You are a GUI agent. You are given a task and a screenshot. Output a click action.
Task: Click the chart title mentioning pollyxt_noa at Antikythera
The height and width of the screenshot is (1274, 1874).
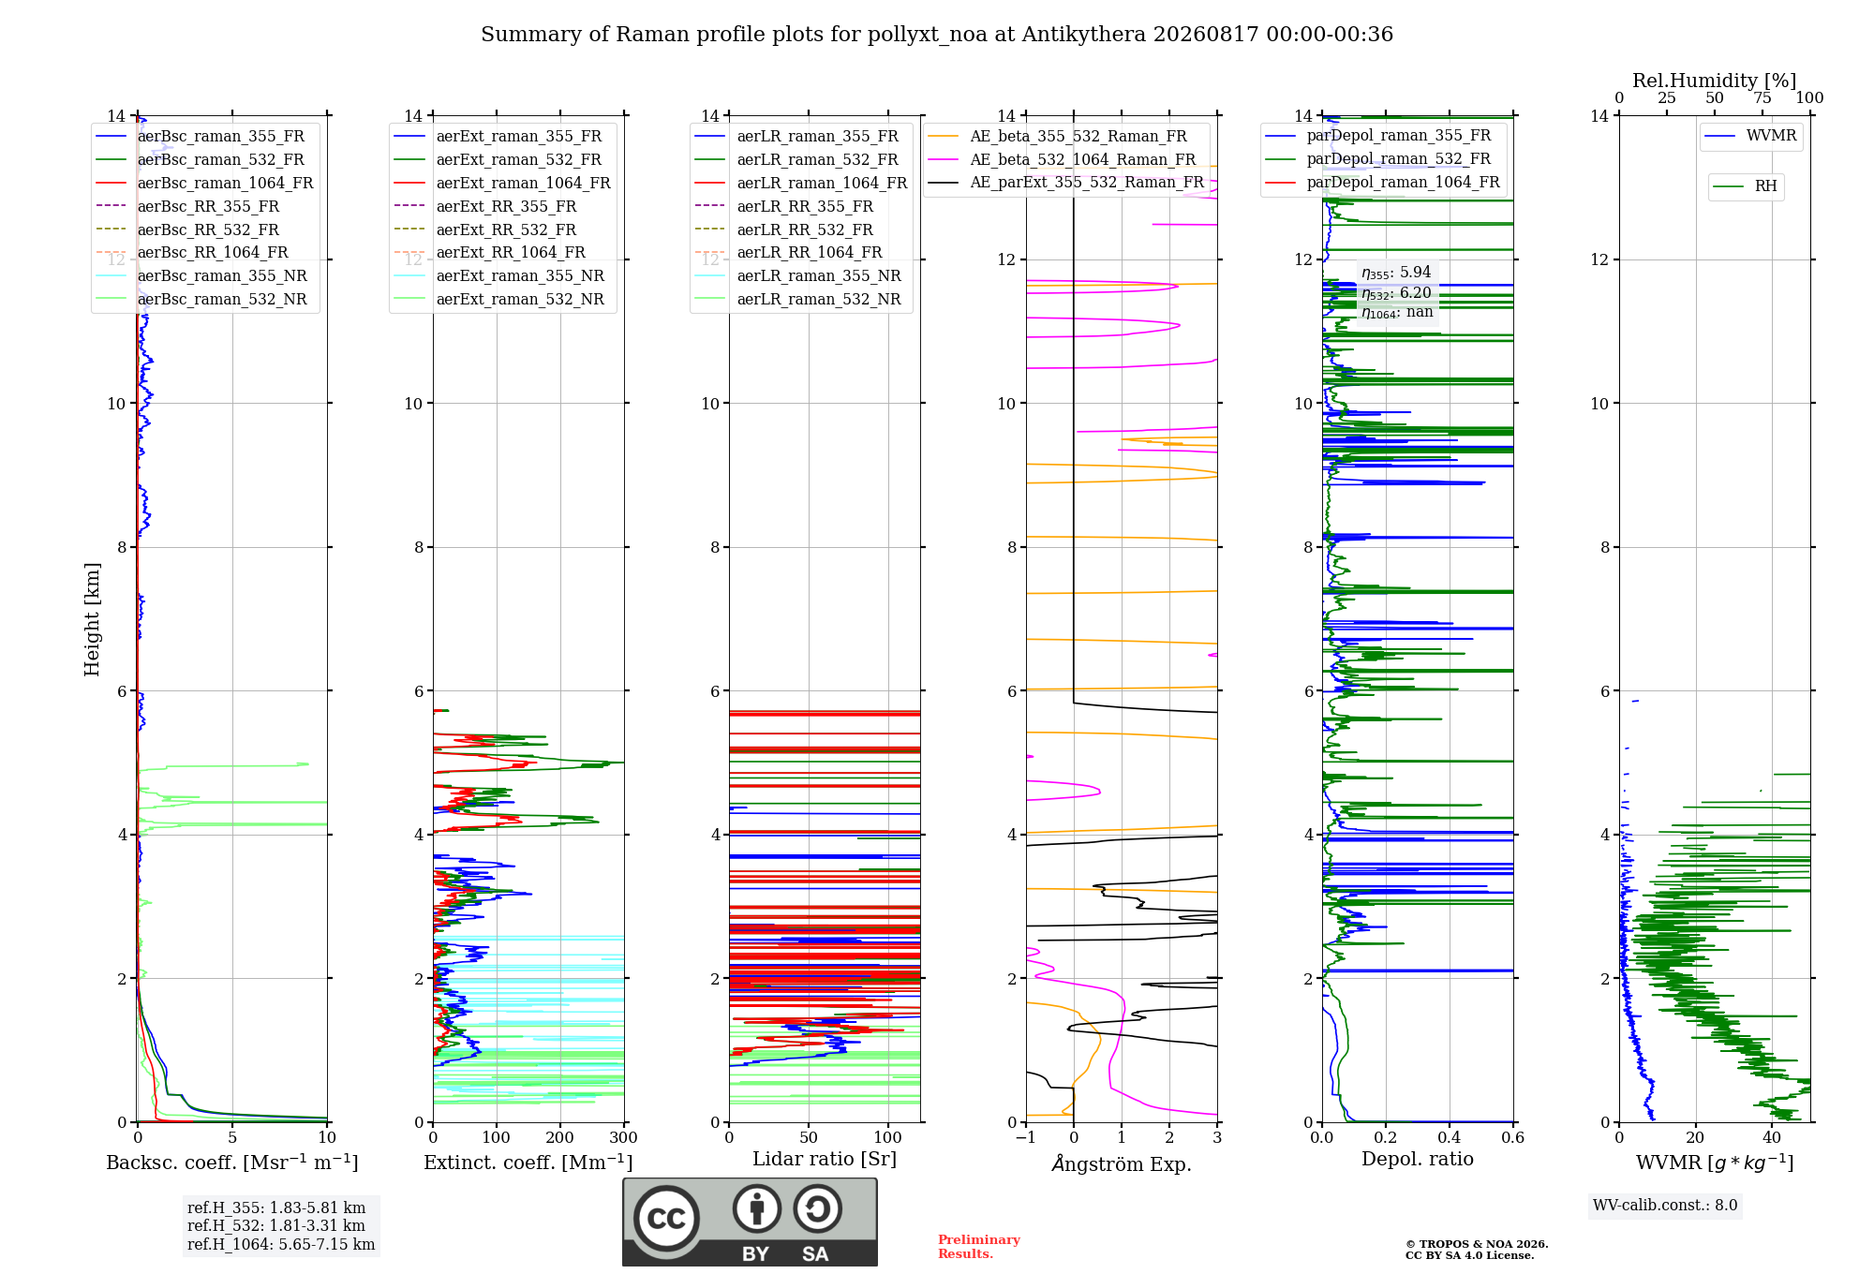tap(937, 35)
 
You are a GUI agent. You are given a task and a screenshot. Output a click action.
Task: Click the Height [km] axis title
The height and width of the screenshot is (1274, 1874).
tap(92, 619)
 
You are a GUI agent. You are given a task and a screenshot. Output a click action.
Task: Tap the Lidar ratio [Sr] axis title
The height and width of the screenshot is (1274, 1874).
tap(825, 1159)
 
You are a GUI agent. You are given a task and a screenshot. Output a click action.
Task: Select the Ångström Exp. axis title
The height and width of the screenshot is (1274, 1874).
tap(1122, 1163)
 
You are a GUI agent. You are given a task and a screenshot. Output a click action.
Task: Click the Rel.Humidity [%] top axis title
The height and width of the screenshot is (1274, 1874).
tap(1715, 81)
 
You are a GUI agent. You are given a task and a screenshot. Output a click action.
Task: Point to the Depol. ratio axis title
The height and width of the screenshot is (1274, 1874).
tap(1418, 1159)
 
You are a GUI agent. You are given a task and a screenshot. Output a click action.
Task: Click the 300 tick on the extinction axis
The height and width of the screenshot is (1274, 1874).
tap(624, 1138)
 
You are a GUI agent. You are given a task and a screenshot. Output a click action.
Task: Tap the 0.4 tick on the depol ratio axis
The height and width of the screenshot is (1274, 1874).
tap(1450, 1138)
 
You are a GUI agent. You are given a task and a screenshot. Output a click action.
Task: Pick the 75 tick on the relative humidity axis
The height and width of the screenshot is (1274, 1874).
tap(1762, 98)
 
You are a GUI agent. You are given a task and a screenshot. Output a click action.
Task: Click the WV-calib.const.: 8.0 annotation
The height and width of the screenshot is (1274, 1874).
tap(1665, 1206)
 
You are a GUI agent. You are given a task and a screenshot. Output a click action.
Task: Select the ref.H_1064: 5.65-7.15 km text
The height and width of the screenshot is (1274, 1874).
tap(281, 1245)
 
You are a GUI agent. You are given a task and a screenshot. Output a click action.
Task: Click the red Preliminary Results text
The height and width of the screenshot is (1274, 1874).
tap(979, 1247)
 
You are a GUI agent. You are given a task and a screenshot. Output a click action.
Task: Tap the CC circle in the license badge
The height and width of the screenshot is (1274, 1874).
tap(666, 1219)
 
